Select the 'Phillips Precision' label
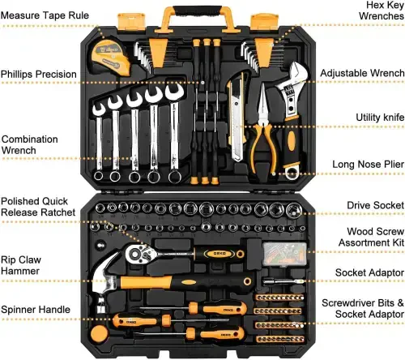[38, 75]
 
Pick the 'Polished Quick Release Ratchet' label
[38, 207]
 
